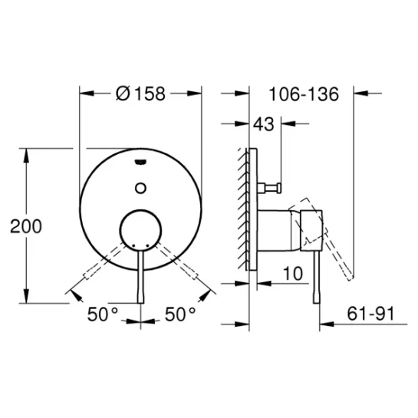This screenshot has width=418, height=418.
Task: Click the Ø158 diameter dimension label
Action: pos(141,94)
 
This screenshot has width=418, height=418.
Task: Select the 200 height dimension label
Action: pos(26,226)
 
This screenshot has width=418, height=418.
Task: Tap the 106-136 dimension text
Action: pos(304,94)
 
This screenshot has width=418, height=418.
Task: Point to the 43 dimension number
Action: pos(263,124)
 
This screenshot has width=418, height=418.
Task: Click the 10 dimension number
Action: pos(293,273)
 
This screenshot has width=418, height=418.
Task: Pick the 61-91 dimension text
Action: pos(370,314)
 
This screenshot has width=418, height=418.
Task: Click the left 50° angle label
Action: pos(103,314)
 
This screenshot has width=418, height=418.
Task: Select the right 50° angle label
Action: pos(180,314)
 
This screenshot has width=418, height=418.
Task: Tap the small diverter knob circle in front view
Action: pos(140,188)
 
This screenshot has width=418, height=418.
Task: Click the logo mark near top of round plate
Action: pos(140,162)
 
